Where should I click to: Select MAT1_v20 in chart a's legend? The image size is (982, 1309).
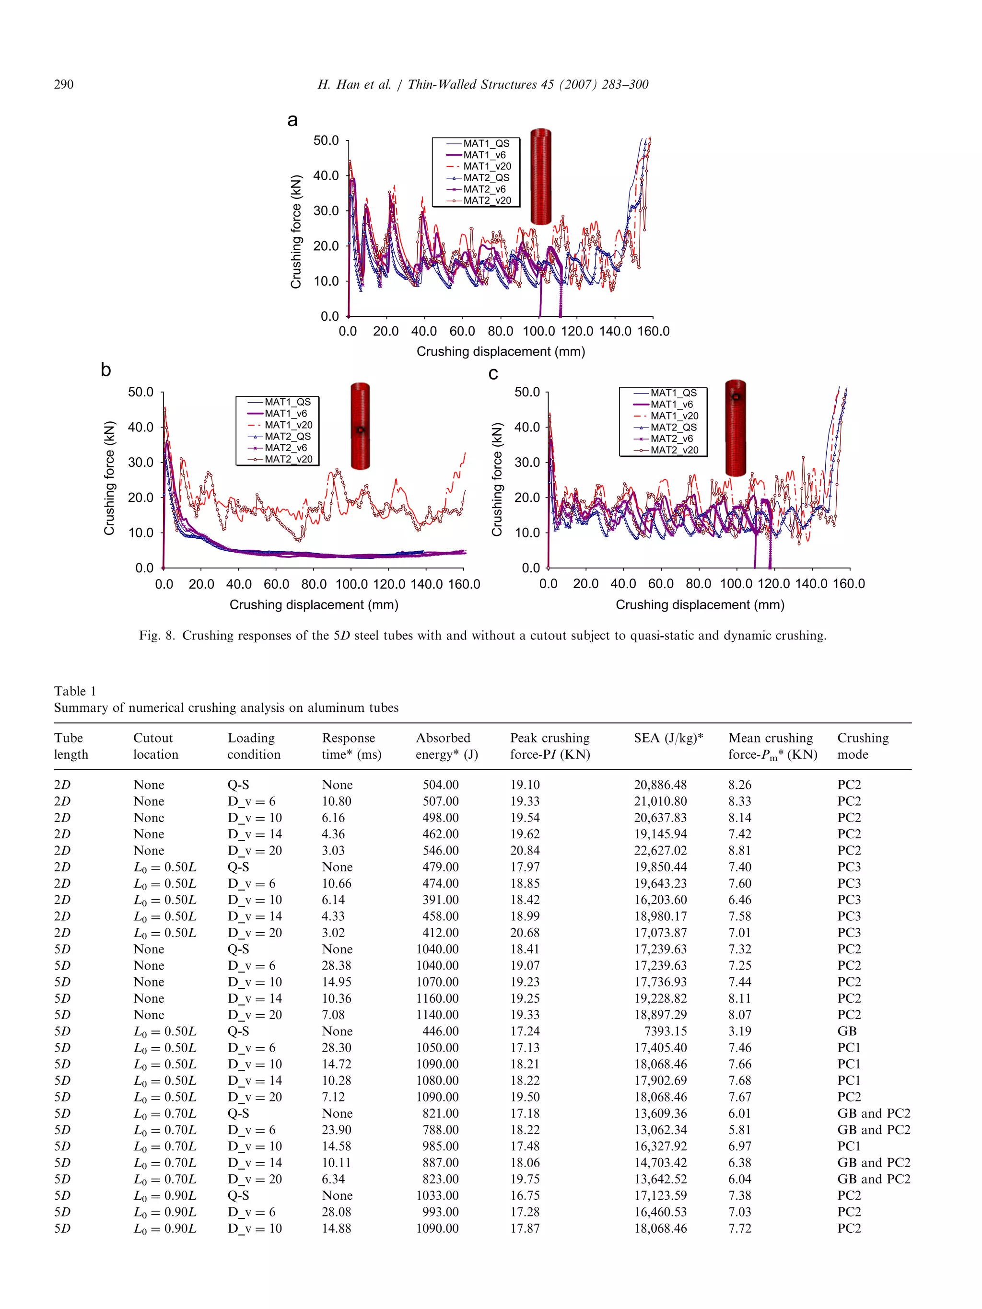tap(487, 166)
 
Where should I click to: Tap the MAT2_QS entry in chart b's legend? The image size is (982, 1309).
tap(287, 436)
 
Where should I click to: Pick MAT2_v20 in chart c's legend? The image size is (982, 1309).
tap(674, 450)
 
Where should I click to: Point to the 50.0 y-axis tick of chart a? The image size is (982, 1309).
tap(326, 140)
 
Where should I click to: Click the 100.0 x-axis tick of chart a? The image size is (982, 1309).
tap(538, 331)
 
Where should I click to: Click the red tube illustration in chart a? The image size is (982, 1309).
tap(540, 176)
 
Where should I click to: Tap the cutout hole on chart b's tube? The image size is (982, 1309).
tap(361, 429)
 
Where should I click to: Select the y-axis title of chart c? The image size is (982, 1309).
tap(497, 479)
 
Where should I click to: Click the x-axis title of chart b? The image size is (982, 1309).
tap(314, 605)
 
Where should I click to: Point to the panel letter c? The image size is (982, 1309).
tap(493, 373)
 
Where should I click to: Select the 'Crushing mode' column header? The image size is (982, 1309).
tap(863, 746)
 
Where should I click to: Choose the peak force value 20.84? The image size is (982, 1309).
tap(525, 850)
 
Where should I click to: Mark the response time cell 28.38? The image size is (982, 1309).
tap(336, 965)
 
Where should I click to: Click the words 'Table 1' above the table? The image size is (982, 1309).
tap(75, 691)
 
